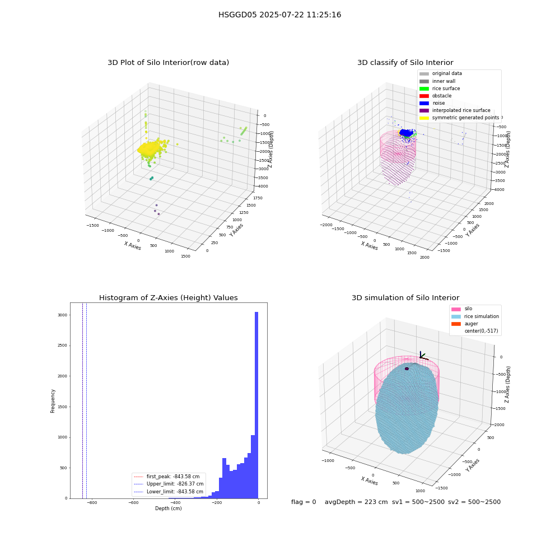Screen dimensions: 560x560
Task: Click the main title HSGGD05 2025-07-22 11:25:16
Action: click(279, 15)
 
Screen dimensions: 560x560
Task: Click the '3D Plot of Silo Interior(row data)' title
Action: click(168, 63)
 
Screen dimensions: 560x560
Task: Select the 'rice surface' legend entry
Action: click(440, 88)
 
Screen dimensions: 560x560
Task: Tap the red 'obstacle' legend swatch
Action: click(424, 96)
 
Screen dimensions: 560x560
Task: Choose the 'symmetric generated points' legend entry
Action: click(459, 118)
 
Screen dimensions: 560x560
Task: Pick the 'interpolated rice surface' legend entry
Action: click(455, 110)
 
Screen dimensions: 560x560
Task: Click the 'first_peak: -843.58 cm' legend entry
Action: click(166, 477)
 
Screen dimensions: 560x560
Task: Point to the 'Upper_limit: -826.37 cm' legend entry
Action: click(169, 484)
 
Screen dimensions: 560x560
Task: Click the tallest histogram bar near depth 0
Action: click(256, 405)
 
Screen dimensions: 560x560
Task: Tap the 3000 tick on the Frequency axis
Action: click(63, 315)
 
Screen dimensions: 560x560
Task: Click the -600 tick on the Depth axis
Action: click(133, 502)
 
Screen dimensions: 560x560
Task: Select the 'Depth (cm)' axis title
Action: click(168, 508)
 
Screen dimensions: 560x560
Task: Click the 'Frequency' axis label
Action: click(53, 401)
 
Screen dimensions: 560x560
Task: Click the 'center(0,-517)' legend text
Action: click(481, 331)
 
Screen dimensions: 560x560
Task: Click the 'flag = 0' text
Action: click(304, 502)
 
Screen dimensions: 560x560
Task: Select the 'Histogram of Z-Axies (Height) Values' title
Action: click(168, 297)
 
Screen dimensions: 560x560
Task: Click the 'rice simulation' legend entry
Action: click(475, 316)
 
